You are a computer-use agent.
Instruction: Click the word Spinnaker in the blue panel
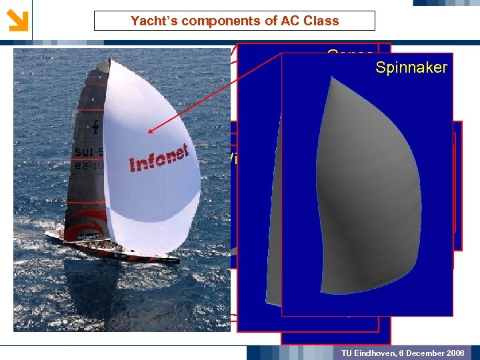(x=411, y=67)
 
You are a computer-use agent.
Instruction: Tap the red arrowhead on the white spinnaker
(x=151, y=131)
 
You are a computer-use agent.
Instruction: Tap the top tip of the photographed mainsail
(x=107, y=61)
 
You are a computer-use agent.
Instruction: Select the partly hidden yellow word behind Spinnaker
(x=349, y=54)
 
